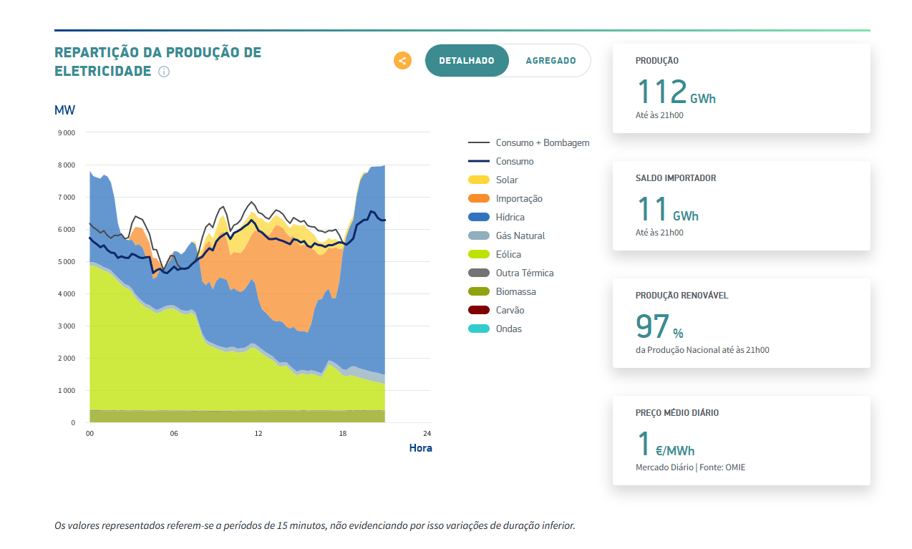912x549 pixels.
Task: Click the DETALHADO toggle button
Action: pyautogui.click(x=467, y=61)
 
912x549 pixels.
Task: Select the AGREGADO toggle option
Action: pyautogui.click(x=550, y=61)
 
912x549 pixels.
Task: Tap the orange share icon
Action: pyautogui.click(x=402, y=61)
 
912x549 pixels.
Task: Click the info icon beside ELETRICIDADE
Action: pyautogui.click(x=164, y=72)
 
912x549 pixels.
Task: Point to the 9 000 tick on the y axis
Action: pyautogui.click(x=67, y=133)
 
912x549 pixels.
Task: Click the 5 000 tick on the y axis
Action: pyautogui.click(x=67, y=262)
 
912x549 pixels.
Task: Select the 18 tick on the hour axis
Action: pyautogui.click(x=343, y=434)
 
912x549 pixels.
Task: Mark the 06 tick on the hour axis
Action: pyautogui.click(x=174, y=434)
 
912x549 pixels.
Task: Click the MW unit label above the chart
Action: pyautogui.click(x=64, y=110)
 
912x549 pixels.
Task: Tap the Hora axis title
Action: pyautogui.click(x=420, y=448)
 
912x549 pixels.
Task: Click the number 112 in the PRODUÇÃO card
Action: pyautogui.click(x=661, y=92)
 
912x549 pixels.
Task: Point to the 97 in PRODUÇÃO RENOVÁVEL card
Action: pyautogui.click(x=652, y=326)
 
